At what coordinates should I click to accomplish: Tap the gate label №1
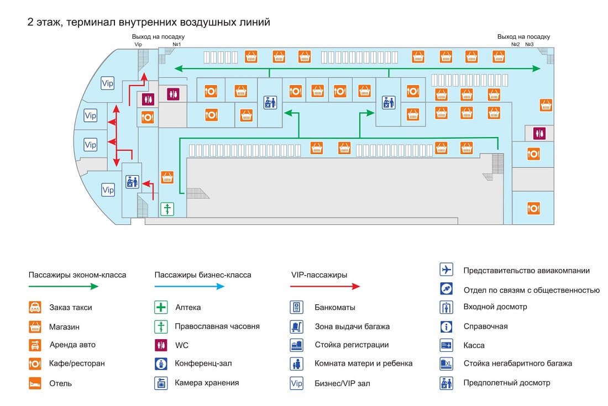click(x=177, y=44)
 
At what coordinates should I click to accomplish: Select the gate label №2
click(x=516, y=44)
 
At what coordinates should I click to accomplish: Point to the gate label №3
click(x=530, y=44)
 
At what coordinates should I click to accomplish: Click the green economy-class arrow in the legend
click(x=63, y=286)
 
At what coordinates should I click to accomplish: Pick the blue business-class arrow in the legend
click(x=189, y=286)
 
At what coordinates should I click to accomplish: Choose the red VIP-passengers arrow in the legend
click(x=325, y=286)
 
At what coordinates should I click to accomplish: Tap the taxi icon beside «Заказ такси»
click(x=35, y=308)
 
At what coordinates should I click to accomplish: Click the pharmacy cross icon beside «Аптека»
click(x=161, y=308)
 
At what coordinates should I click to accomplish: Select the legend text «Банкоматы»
click(x=335, y=308)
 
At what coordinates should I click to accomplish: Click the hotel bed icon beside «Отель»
click(x=35, y=383)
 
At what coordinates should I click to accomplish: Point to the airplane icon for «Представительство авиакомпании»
click(x=446, y=270)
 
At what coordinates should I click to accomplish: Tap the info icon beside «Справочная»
click(x=446, y=326)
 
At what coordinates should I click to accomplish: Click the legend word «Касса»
click(x=474, y=345)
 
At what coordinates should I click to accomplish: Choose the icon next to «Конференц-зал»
click(x=161, y=364)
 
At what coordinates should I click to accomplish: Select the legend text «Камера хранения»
click(x=207, y=383)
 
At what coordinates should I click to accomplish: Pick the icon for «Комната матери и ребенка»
click(x=296, y=364)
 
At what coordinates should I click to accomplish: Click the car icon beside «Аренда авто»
click(x=35, y=345)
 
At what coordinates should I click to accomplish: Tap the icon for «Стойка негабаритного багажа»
click(x=446, y=364)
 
